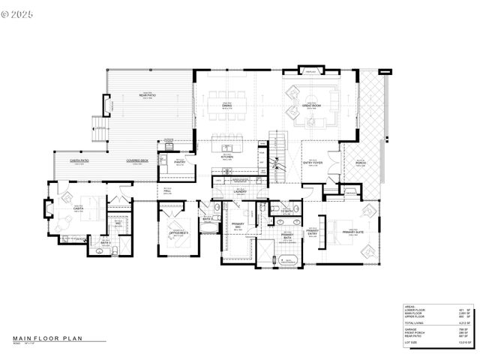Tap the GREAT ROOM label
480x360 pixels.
coord(312,106)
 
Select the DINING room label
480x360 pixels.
coord(226,106)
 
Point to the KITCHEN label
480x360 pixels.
coord(226,157)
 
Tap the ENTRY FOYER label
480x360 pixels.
coord(313,161)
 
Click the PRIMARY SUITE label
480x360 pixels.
coord(353,232)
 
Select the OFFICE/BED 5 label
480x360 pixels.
coord(178,234)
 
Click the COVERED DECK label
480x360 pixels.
coord(137,160)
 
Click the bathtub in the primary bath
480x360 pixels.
coord(289,259)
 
